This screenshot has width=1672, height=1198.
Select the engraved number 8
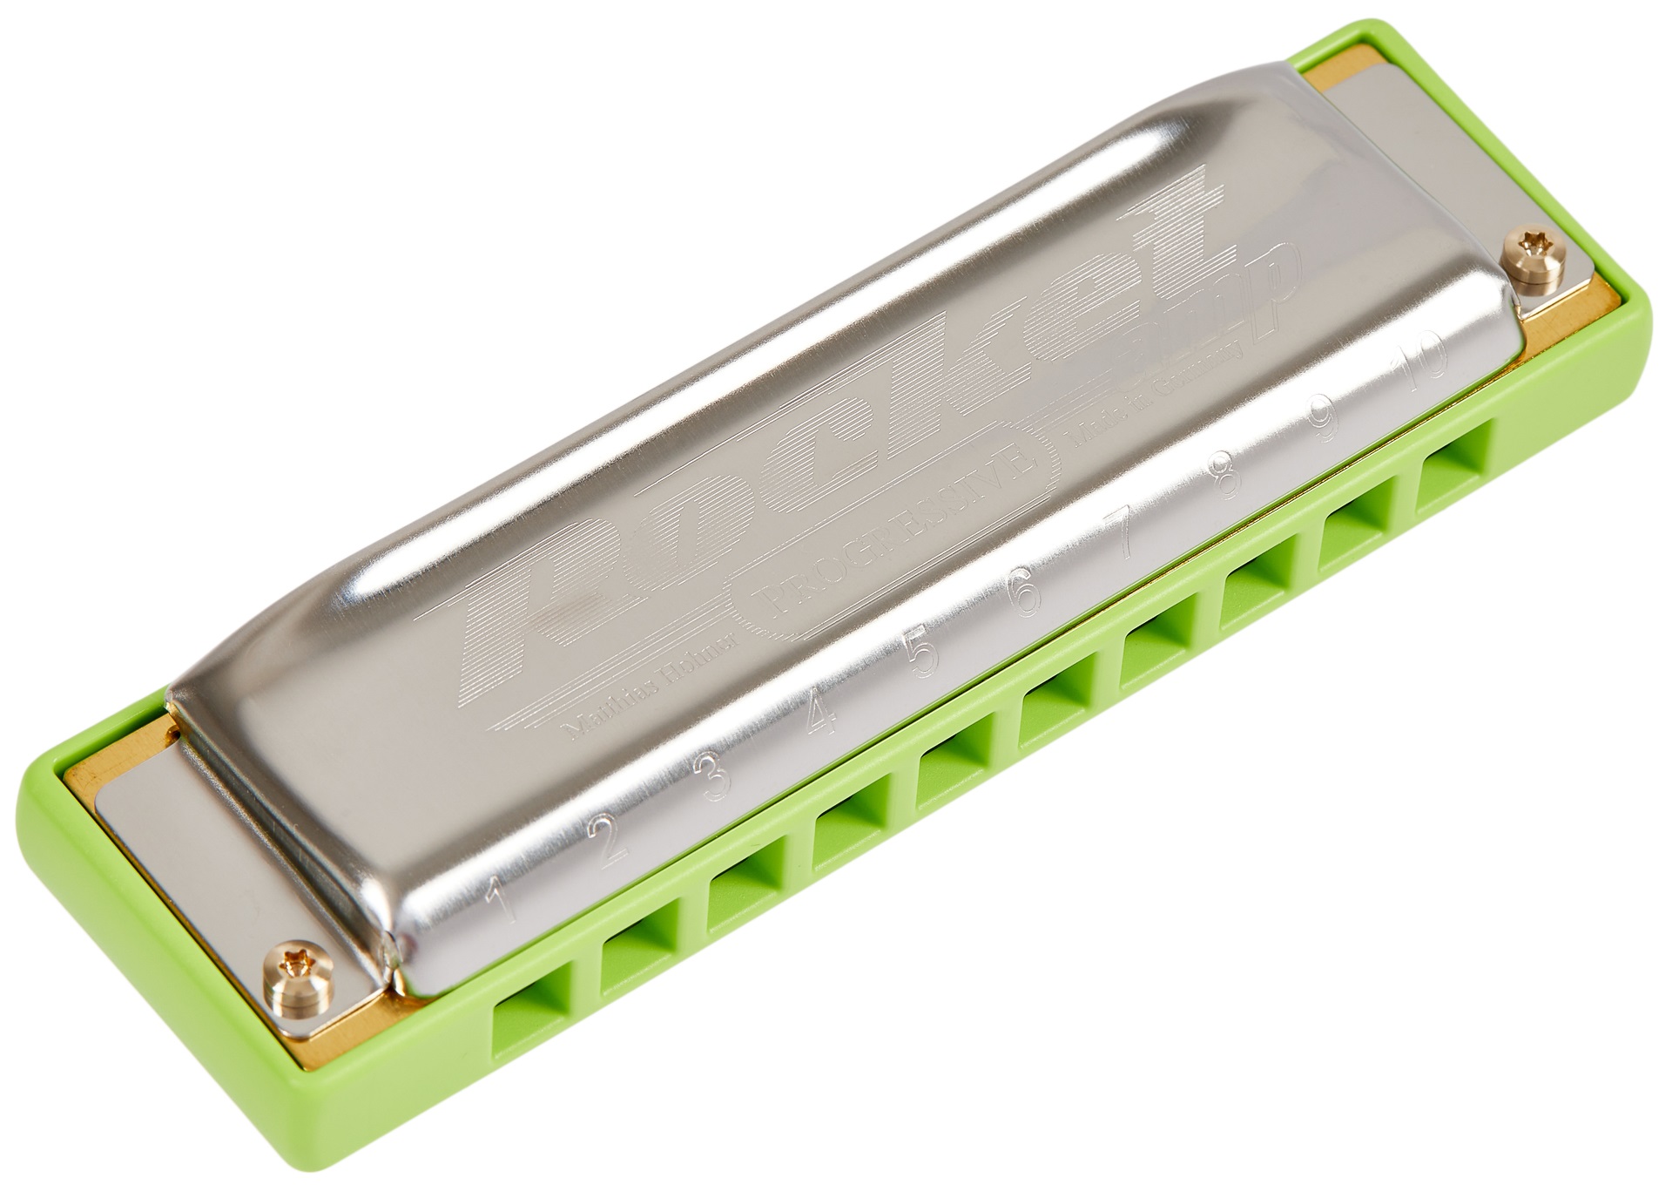click(1230, 475)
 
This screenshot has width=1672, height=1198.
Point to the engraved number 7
click(1125, 538)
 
